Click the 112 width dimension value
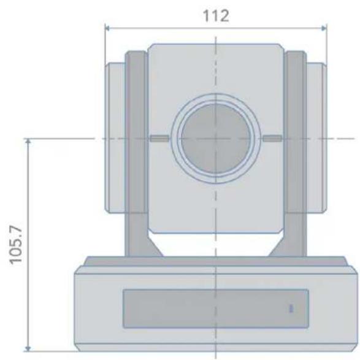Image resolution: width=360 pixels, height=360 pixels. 216,15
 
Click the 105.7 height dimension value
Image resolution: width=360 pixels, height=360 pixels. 16,245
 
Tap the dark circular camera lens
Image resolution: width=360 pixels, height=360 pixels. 216,139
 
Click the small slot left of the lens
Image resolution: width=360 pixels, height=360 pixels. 159,139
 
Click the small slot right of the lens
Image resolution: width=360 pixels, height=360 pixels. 272,139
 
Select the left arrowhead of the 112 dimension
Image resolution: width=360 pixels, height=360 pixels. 107,28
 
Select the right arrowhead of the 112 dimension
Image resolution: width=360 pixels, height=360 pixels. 324,28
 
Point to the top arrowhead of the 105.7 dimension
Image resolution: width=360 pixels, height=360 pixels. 28,142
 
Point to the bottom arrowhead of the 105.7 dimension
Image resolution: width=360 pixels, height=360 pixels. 28,348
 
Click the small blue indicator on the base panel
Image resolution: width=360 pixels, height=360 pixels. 291,308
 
